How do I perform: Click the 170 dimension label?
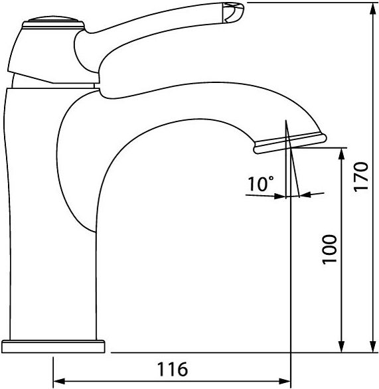pyautogui.click(x=361, y=177)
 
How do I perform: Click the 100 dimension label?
pyautogui.click(x=330, y=250)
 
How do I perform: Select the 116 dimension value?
pyautogui.click(x=173, y=369)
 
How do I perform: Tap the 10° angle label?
pyautogui.click(x=261, y=184)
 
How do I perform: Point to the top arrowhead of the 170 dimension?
pyautogui.click(x=373, y=9)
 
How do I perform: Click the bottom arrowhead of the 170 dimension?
pyautogui.click(x=373, y=347)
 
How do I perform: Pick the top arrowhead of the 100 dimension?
pyautogui.click(x=342, y=154)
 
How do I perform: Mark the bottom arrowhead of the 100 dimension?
pyautogui.click(x=342, y=347)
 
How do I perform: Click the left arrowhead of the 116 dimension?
pyautogui.click(x=60, y=381)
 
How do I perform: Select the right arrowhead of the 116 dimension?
pyautogui.click(x=285, y=381)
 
